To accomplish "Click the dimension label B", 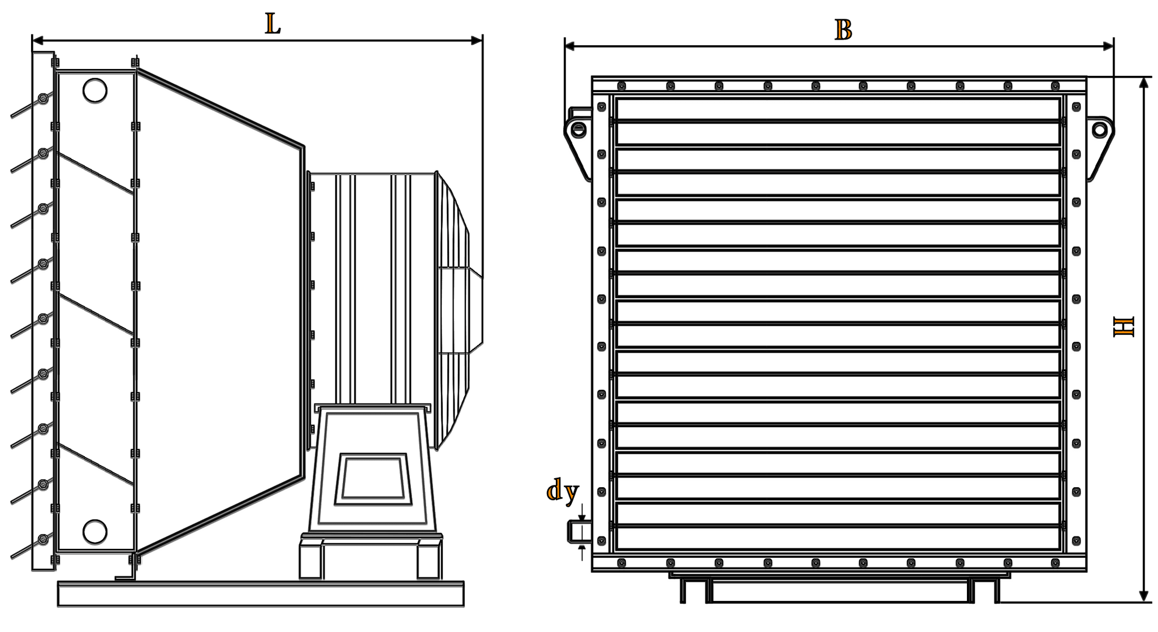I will [843, 29].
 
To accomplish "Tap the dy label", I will [563, 492].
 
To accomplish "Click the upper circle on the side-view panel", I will [95, 89].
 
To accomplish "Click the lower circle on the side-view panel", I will [95, 530].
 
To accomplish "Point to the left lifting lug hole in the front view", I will [578, 130].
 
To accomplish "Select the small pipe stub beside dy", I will [575, 532].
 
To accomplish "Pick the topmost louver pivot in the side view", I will [44, 99].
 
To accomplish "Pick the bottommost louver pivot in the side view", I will [42, 539].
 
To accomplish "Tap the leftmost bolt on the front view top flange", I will [621, 86].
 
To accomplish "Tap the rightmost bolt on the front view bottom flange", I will [1055, 562].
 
